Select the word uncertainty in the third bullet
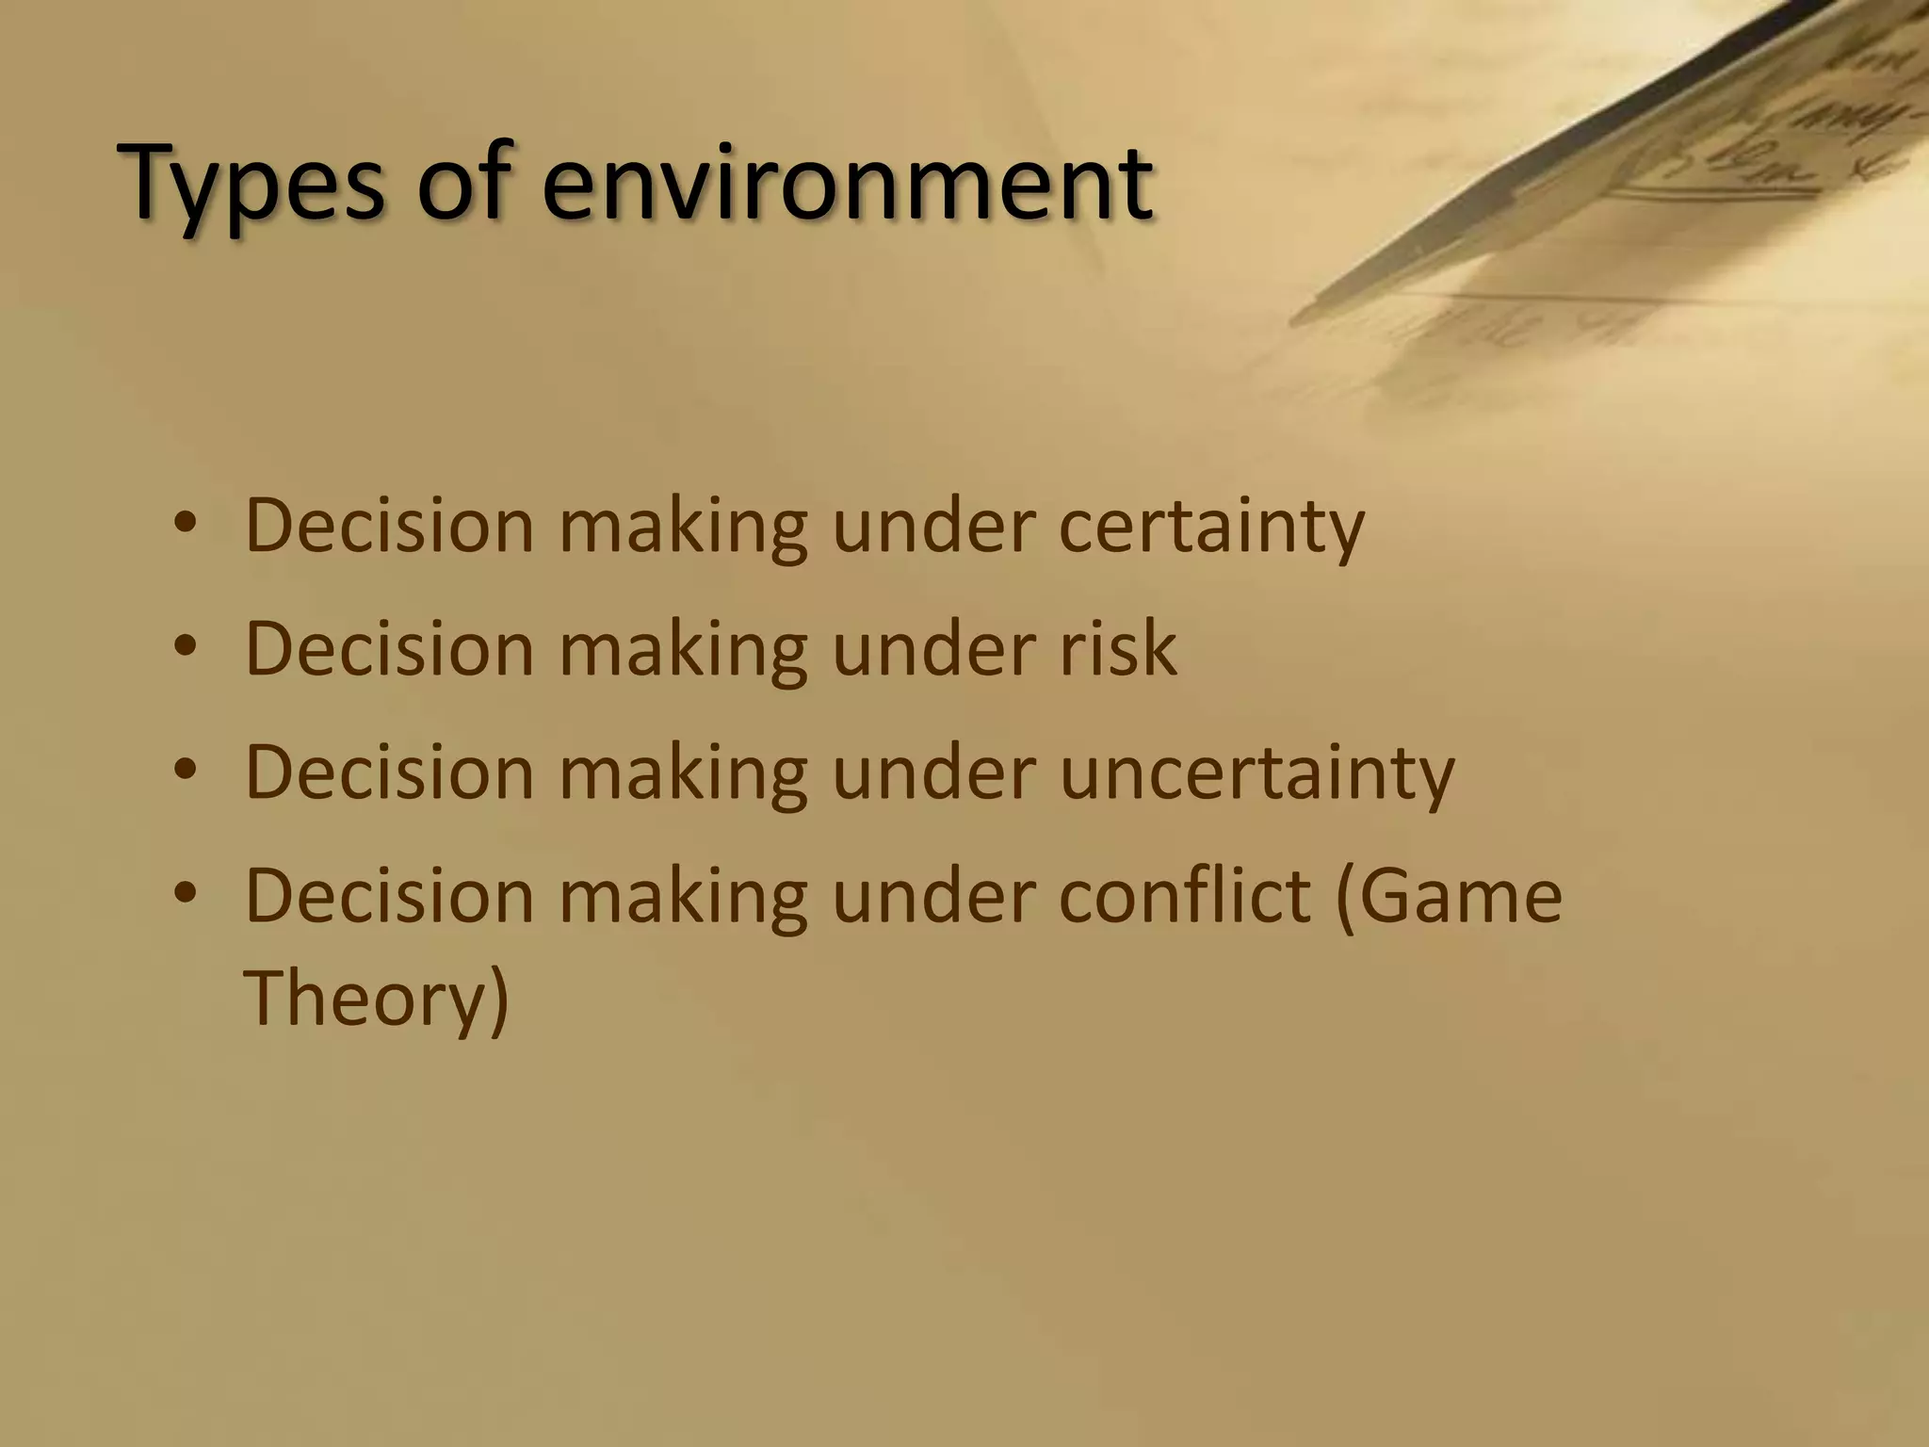click(1256, 772)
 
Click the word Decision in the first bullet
click(389, 525)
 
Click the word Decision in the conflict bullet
click(389, 895)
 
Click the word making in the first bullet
click(683, 525)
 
